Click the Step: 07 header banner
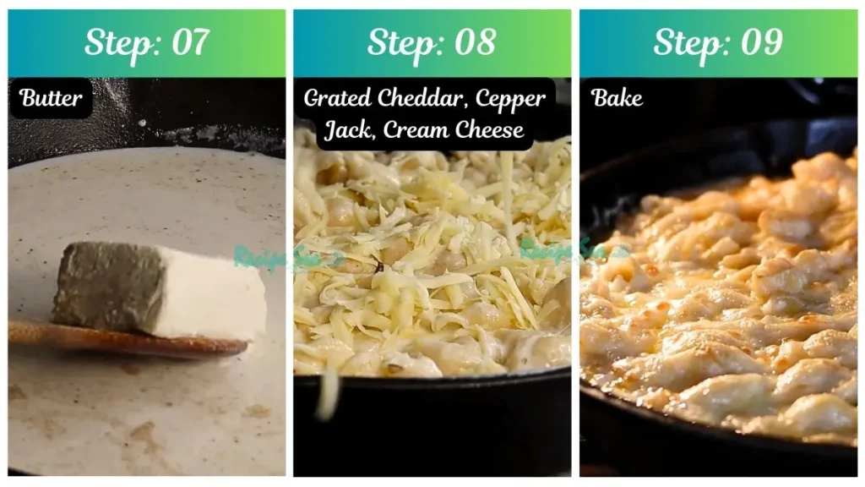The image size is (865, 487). pos(147,43)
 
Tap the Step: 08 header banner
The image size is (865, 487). pos(432,43)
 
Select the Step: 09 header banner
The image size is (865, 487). pos(718,43)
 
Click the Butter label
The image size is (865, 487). pos(51,98)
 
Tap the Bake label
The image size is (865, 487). pos(617,98)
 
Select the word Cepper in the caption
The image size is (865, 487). pos(510,98)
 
